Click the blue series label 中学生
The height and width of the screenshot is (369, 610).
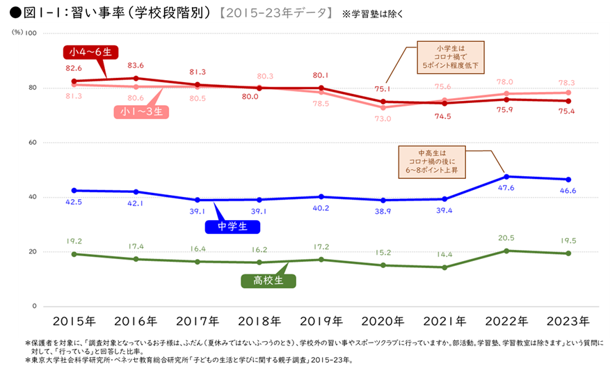(232, 226)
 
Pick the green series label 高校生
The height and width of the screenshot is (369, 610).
(268, 281)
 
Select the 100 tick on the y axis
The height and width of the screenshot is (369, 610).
(31, 33)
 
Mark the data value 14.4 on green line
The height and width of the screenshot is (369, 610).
(444, 256)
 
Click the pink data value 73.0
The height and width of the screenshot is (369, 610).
(382, 119)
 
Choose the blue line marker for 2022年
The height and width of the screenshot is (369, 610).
(507, 177)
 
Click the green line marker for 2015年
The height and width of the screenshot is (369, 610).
(74, 254)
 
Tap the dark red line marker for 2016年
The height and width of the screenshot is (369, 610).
(136, 78)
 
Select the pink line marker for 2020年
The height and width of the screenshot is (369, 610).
(383, 107)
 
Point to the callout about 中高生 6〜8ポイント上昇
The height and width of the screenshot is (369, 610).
(432, 160)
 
